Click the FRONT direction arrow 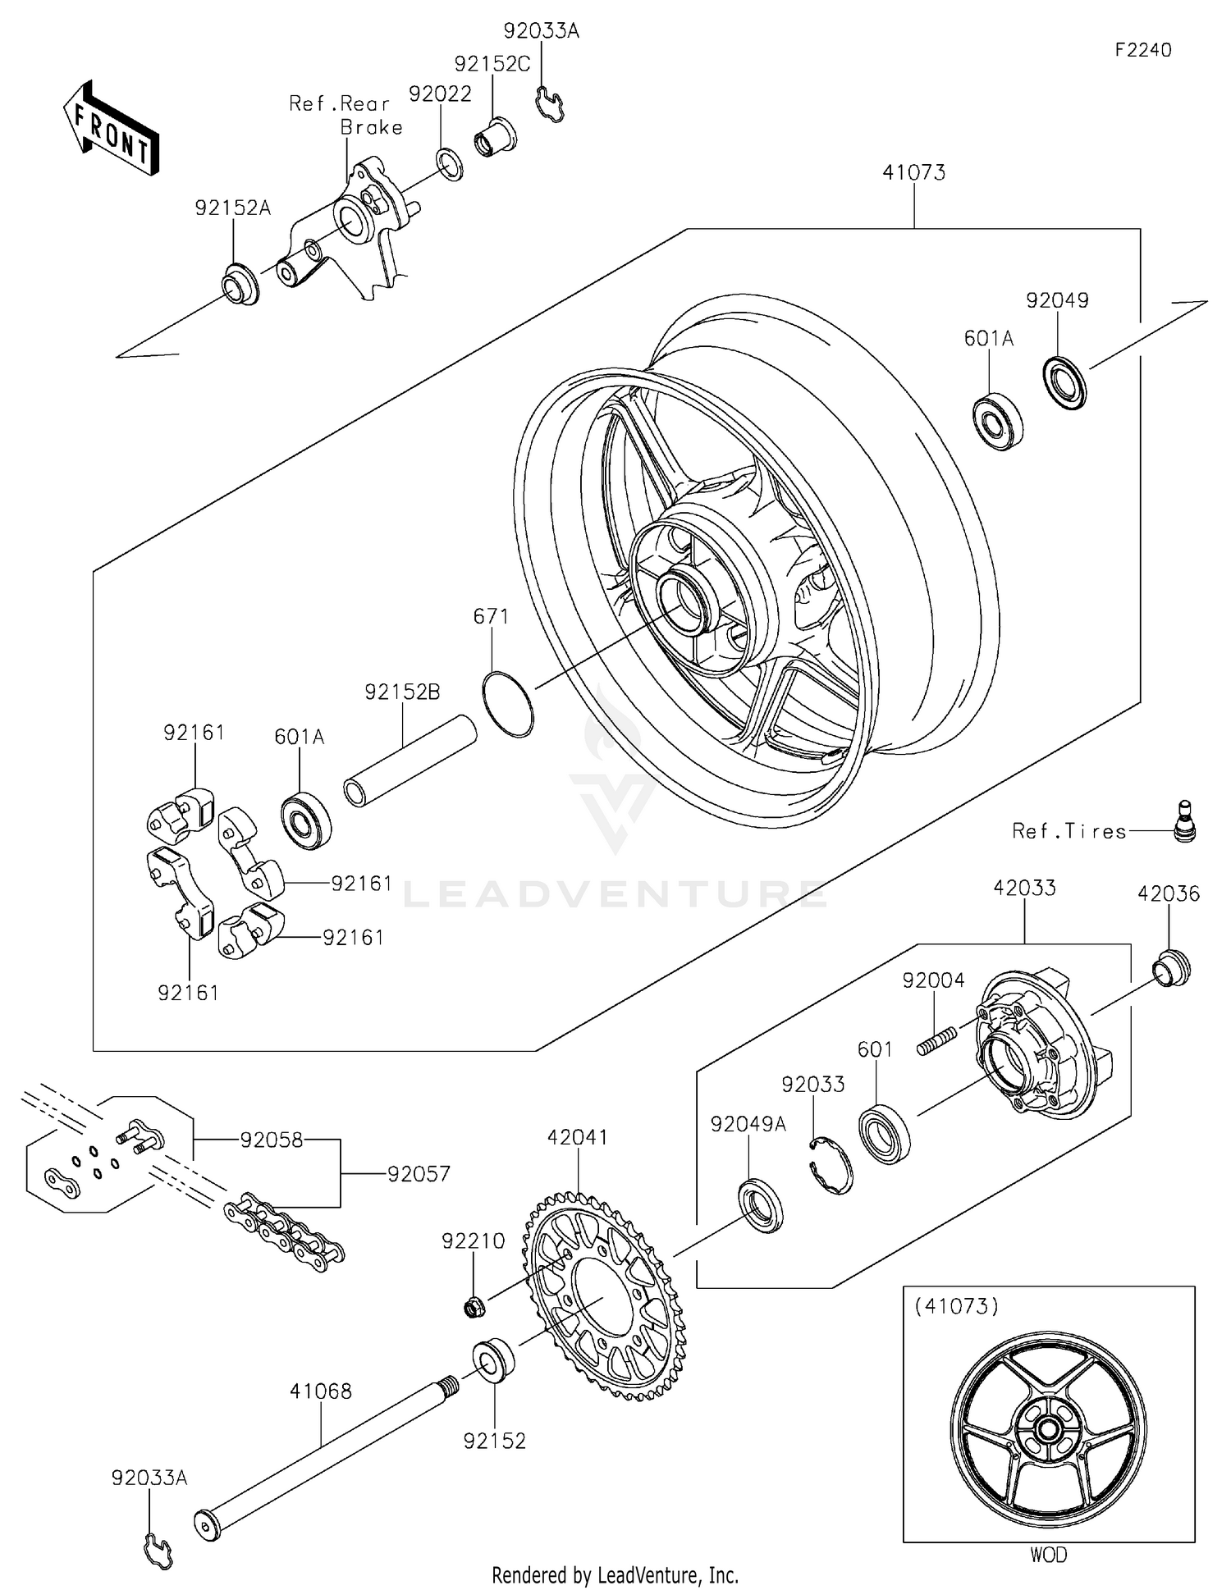click(111, 128)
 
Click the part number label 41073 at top click(913, 172)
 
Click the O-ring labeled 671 click(508, 704)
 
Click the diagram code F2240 click(1142, 50)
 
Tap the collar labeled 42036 click(1171, 969)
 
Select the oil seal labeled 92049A click(762, 1206)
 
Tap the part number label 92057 click(419, 1174)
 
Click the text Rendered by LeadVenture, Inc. click(615, 1574)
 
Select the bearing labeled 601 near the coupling click(885, 1135)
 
